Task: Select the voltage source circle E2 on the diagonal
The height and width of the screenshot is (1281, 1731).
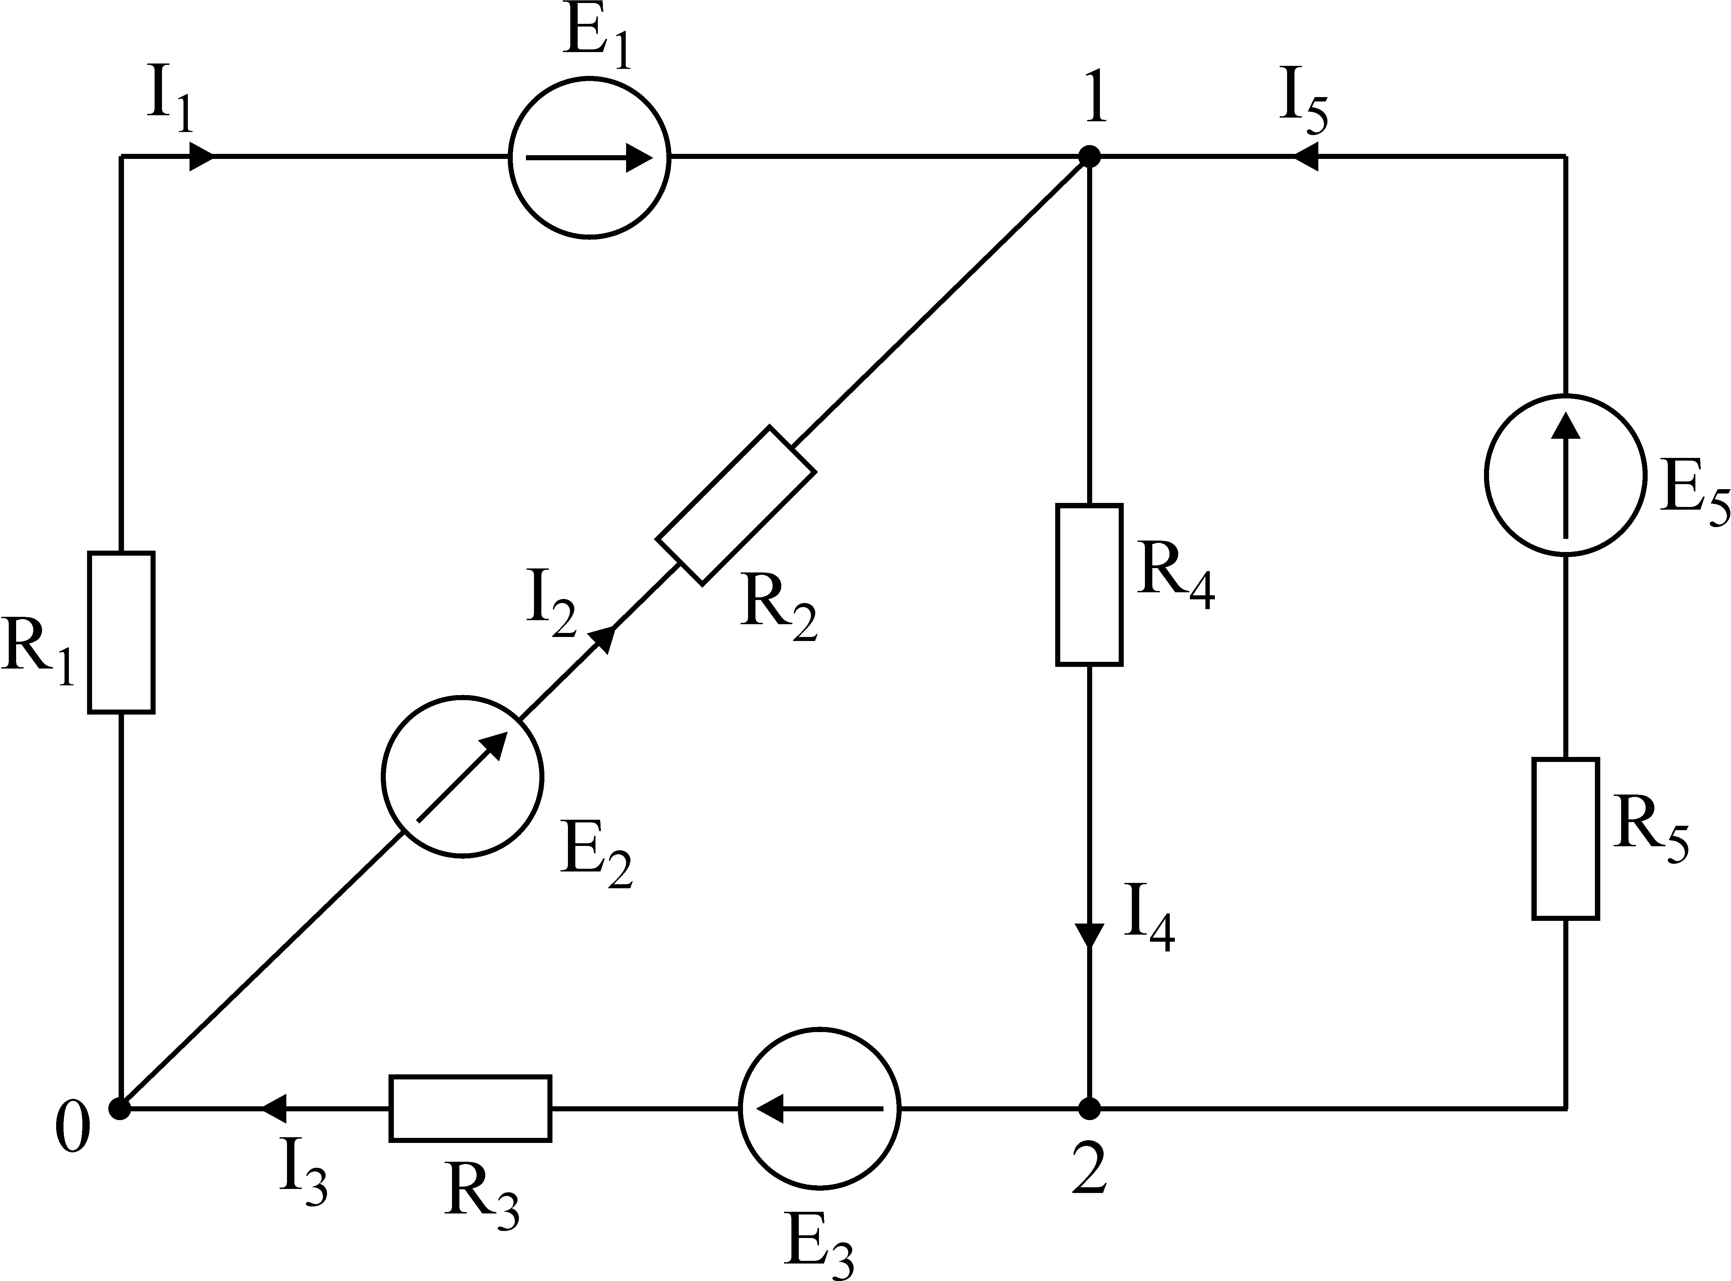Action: pos(462,776)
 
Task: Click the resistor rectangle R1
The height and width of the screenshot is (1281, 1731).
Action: pos(121,632)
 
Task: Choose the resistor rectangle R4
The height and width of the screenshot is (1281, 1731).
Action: pos(1089,585)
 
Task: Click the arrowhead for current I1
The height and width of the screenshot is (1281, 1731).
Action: pos(202,157)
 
